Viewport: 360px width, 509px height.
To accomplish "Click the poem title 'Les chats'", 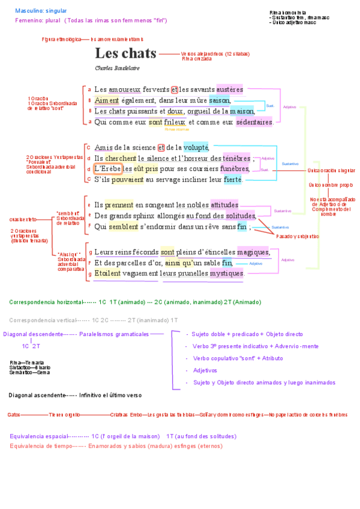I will [125, 53].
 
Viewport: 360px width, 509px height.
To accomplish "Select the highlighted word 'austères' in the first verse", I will [229, 89].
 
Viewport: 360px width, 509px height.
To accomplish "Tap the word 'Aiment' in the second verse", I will [107, 100].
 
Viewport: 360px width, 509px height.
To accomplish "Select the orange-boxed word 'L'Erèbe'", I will [108, 169].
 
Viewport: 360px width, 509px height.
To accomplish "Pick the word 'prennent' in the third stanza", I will [119, 205].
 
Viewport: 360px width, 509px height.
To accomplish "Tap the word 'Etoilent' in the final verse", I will [107, 273].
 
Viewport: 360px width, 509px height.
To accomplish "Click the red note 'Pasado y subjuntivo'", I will [298, 236].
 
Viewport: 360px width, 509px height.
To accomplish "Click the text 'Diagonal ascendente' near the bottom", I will [36, 395].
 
